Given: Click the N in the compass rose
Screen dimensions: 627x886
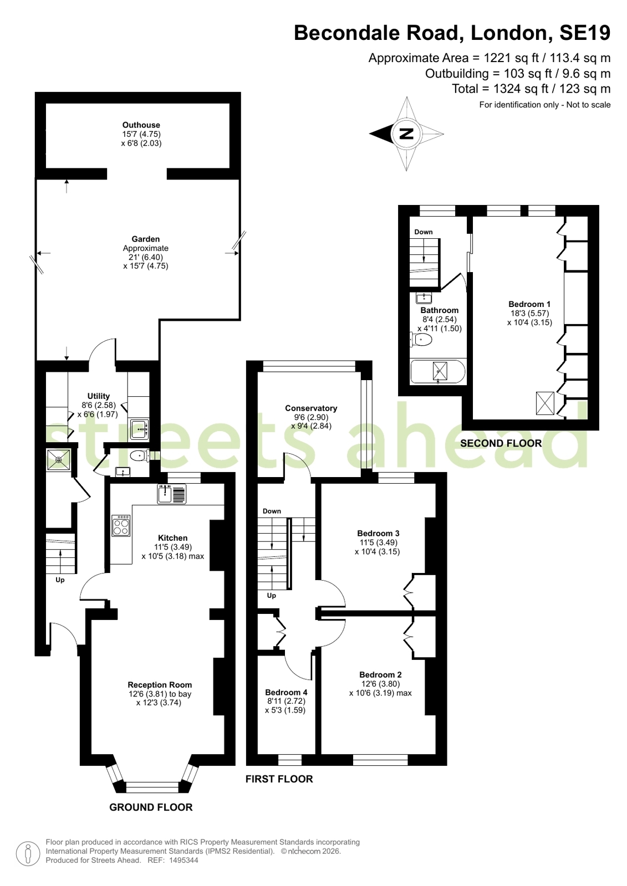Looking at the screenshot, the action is click(x=406, y=134).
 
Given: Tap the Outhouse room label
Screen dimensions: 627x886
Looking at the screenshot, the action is click(x=141, y=125).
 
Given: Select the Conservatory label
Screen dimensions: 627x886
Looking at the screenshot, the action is click(x=311, y=408).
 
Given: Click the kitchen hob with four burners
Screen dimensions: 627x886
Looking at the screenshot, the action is click(x=121, y=526).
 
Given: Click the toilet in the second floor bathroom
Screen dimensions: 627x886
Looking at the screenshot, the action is click(x=421, y=339).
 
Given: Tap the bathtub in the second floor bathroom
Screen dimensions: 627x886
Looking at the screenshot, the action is click(x=438, y=371).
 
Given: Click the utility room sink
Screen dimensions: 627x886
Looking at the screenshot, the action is click(x=139, y=429).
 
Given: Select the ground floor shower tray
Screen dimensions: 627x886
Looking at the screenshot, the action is click(x=59, y=459).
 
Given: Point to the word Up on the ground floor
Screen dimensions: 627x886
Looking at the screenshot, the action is click(x=60, y=580).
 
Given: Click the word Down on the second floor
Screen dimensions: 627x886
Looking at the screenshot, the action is click(x=423, y=232).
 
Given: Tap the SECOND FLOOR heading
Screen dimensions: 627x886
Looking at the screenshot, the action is click(x=501, y=443).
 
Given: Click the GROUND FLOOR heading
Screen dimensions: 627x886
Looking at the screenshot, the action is click(x=151, y=807).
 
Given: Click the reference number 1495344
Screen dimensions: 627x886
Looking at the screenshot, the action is click(x=183, y=860).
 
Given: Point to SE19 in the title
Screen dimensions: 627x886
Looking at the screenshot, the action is click(x=585, y=33).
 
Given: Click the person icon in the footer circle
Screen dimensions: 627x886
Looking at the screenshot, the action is click(x=28, y=854).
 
